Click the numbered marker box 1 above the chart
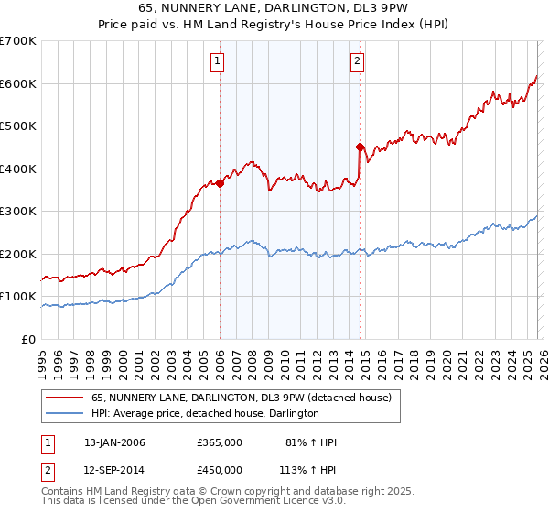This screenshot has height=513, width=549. tap(218, 61)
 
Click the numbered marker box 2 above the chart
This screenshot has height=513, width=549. tap(357, 61)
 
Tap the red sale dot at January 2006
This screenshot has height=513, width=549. tap(221, 183)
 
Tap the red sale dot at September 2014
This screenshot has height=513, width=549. tap(360, 147)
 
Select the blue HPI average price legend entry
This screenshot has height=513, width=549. tap(204, 413)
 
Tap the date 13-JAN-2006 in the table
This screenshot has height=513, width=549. tap(114, 442)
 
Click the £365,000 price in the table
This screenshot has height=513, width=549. tap(220, 442)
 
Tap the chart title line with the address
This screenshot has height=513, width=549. tap(274, 10)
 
